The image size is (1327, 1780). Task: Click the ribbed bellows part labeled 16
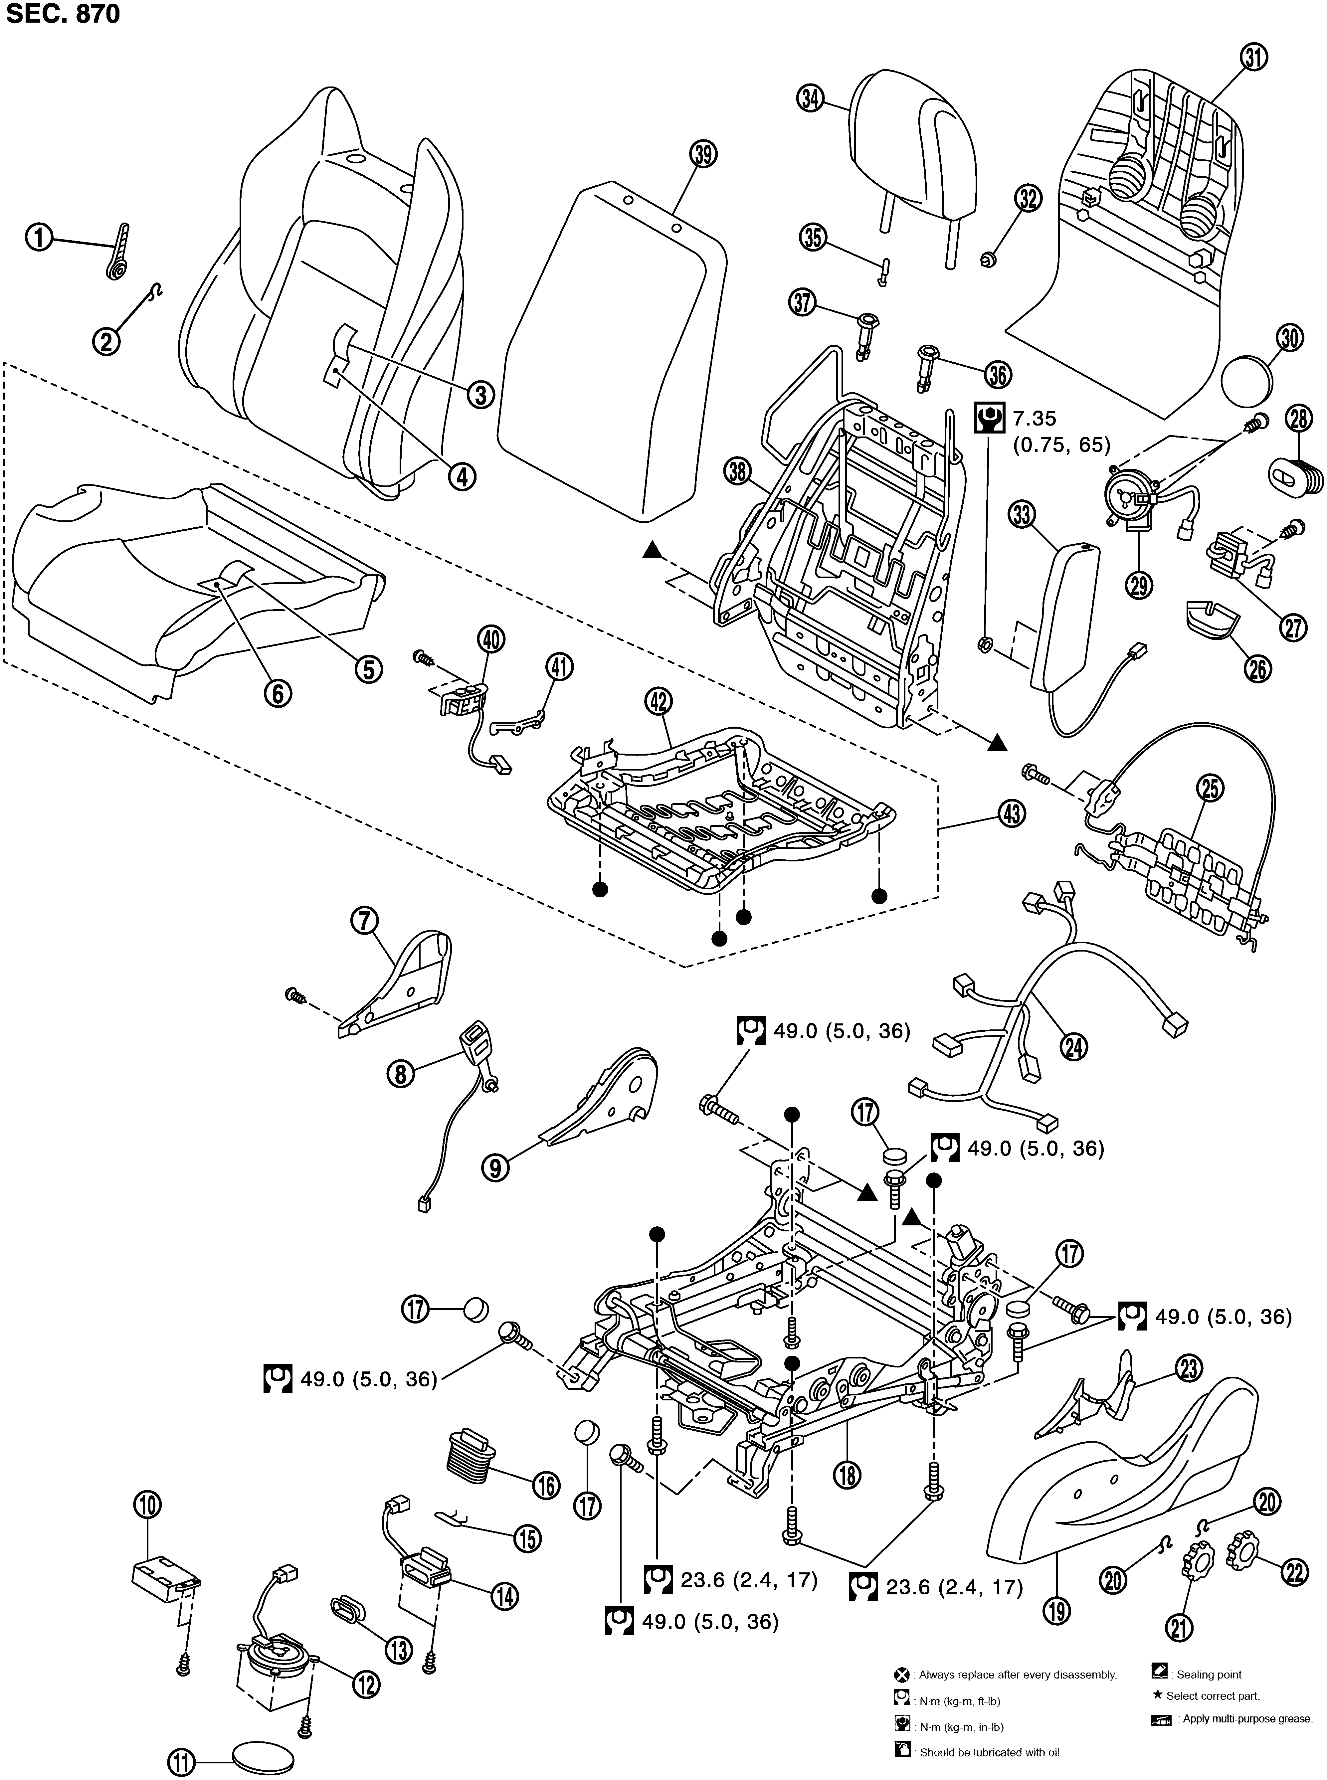(472, 1452)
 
